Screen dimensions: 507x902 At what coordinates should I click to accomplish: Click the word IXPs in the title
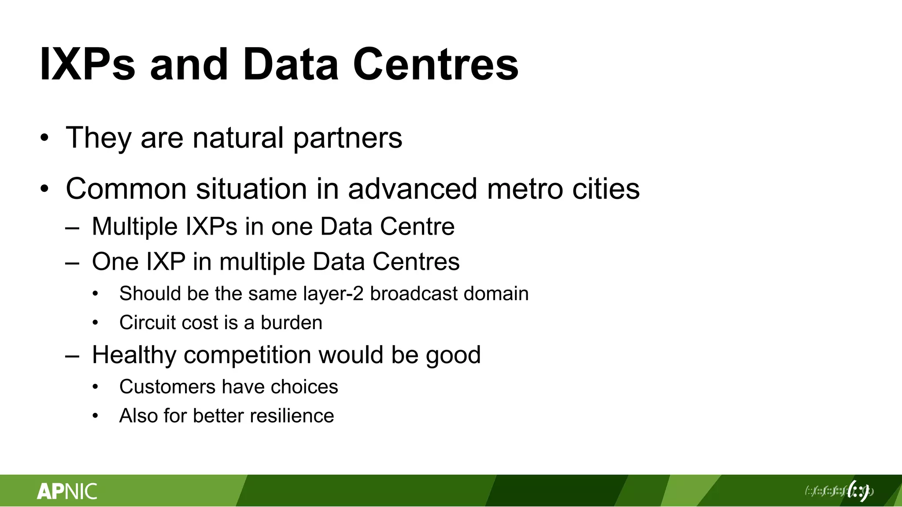[x=87, y=65]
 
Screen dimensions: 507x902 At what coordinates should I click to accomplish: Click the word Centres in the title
[x=436, y=65]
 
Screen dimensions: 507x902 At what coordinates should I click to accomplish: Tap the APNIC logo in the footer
[x=67, y=491]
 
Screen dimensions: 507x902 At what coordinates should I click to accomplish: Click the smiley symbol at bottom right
[x=858, y=491]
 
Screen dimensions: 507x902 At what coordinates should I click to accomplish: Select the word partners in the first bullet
[x=347, y=138]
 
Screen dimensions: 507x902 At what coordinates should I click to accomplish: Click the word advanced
[x=412, y=189]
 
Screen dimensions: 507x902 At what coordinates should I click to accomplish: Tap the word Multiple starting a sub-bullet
[x=135, y=227]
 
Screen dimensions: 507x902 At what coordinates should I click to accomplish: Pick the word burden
[x=291, y=323]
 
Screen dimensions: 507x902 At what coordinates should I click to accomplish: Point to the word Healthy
[x=134, y=355]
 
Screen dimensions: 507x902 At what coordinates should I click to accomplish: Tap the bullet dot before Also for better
[x=96, y=416]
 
